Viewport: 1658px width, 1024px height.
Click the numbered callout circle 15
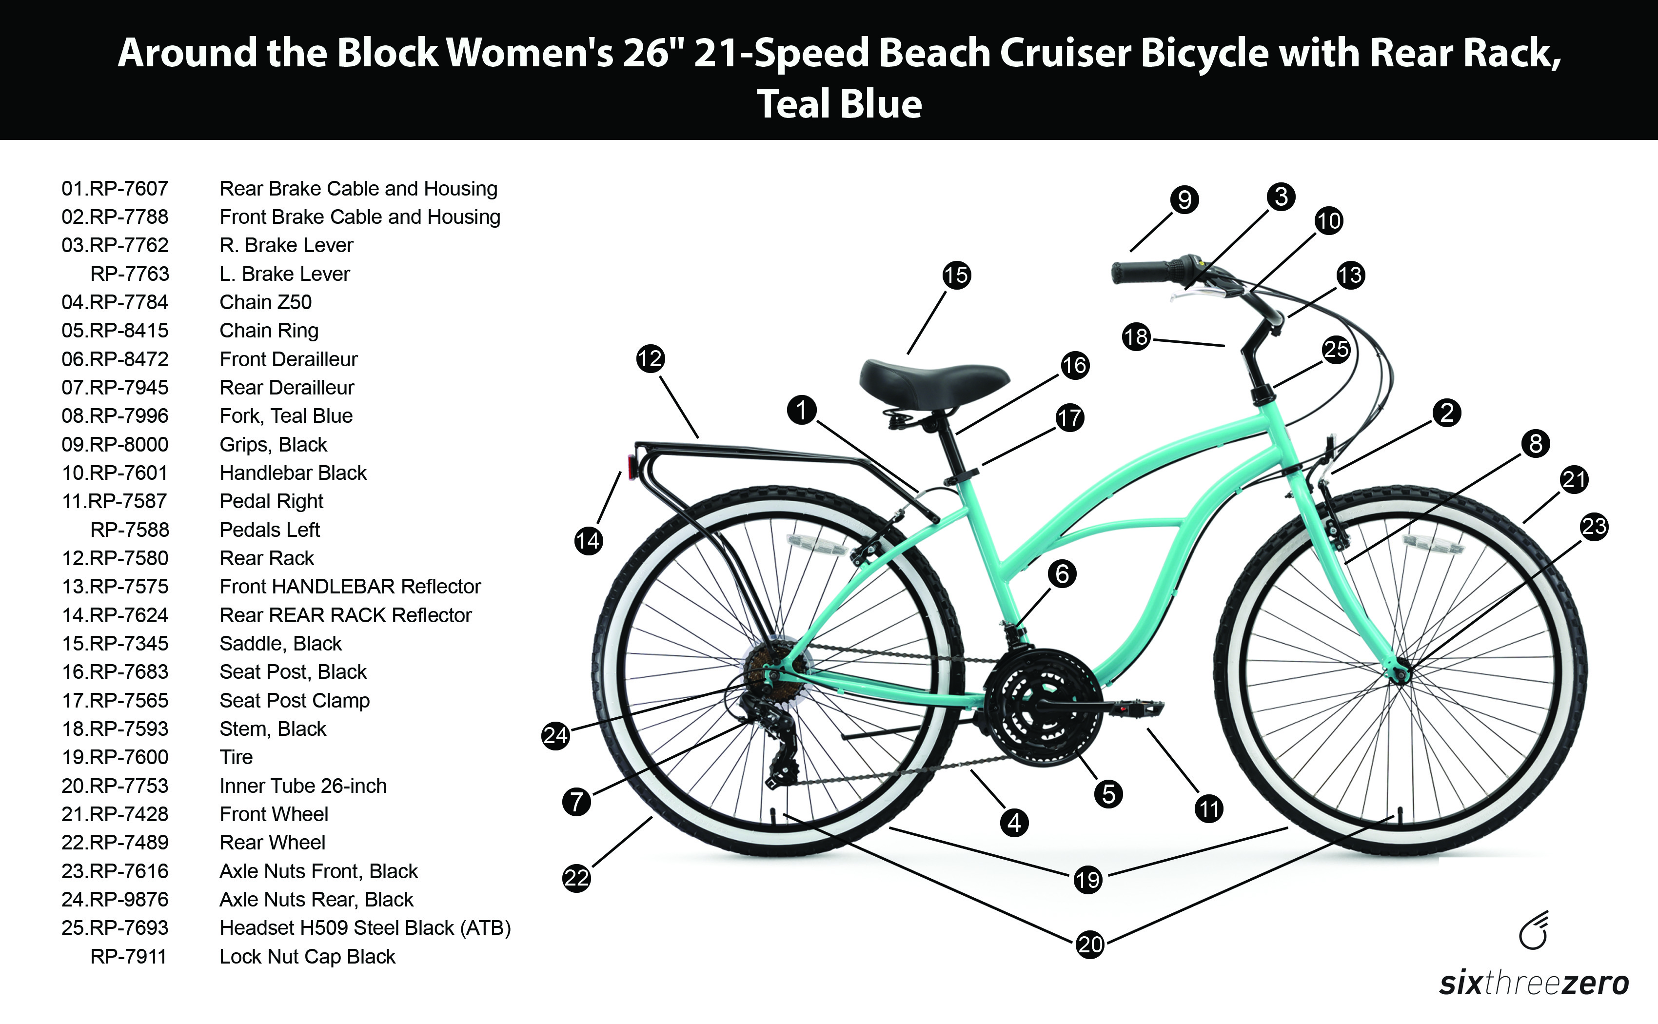click(x=956, y=275)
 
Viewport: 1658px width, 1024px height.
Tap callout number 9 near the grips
click(x=1184, y=200)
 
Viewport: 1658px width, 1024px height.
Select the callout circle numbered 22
click(x=576, y=878)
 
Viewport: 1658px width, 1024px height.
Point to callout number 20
click(x=1090, y=944)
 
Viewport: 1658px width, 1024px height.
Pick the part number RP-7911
click(x=129, y=957)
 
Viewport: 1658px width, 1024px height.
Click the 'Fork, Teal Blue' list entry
click(x=286, y=416)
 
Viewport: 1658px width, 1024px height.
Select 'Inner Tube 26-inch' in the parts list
click(x=303, y=786)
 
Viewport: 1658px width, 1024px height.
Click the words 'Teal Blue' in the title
click(x=839, y=104)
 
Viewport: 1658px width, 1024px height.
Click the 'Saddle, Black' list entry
click(x=280, y=643)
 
